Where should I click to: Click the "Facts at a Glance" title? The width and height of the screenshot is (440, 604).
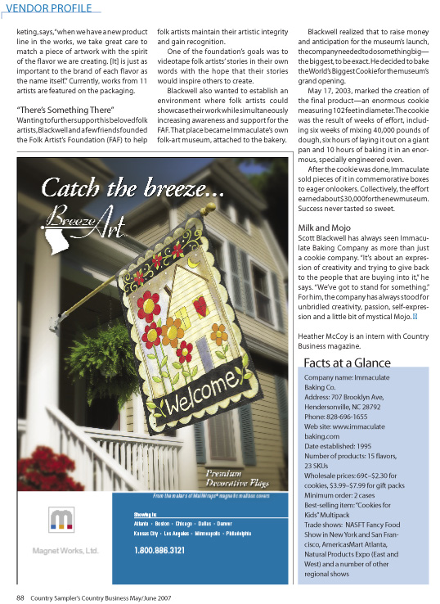(347, 363)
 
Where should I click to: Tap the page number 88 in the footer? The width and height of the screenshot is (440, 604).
(20, 596)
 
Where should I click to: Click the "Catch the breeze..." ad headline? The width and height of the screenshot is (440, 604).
(132, 188)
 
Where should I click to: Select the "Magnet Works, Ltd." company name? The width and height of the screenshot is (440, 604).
(65, 550)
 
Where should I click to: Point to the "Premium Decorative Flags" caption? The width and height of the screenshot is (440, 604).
(233, 478)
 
